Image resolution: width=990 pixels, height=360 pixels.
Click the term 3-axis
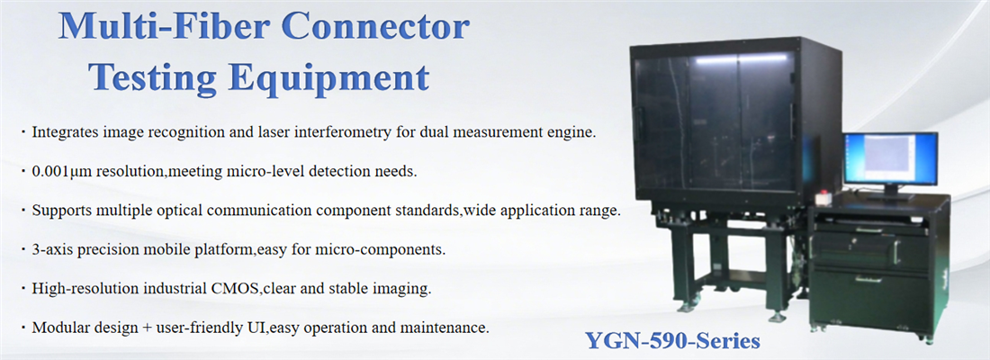click(x=50, y=249)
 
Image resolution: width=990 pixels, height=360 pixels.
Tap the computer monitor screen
click(x=890, y=159)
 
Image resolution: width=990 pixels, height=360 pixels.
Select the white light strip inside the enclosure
click(x=742, y=58)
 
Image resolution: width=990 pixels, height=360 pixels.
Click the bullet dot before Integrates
click(x=23, y=133)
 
